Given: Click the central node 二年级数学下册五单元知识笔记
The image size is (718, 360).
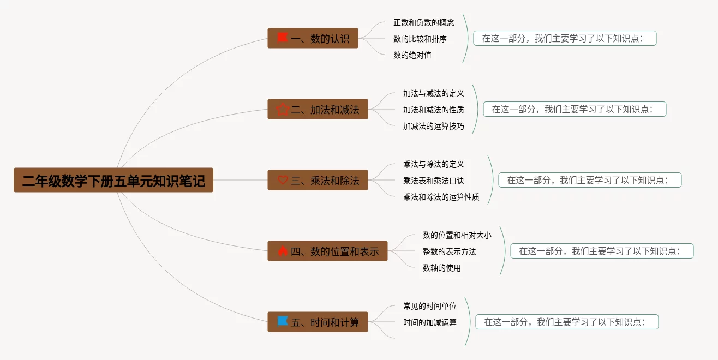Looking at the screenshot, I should point(113,180).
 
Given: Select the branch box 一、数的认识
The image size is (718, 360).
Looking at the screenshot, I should point(313,38).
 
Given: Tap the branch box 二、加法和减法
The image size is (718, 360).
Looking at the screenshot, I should point(318,109).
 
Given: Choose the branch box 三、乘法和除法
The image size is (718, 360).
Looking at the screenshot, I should point(318,180).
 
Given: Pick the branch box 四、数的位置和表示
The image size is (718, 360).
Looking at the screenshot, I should point(327,251).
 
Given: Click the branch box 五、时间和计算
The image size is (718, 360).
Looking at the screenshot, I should point(318,322).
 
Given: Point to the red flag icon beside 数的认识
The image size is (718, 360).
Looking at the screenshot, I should point(282,38).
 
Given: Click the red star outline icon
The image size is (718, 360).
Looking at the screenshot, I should point(283,109).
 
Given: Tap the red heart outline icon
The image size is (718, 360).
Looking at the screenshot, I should point(283,180).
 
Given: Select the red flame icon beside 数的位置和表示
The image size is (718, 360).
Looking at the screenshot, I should point(283,251).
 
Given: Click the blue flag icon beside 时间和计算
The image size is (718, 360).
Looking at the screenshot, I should point(283,321).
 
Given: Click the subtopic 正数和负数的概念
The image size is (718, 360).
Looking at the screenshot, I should point(424,22).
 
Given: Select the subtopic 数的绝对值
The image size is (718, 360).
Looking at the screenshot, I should point(412,55).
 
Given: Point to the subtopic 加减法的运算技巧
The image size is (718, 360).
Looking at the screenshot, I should point(434,126).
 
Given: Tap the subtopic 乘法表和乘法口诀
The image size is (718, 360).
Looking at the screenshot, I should point(434,181).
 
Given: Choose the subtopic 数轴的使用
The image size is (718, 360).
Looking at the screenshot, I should point(442,268).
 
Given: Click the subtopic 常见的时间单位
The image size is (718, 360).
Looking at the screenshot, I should point(430,306).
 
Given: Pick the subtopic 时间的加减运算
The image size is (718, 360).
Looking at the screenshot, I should point(430,322).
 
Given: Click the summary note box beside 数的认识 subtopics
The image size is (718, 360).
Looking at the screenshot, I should point(565,38).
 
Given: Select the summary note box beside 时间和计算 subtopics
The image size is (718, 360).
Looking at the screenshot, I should point(567,322).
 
